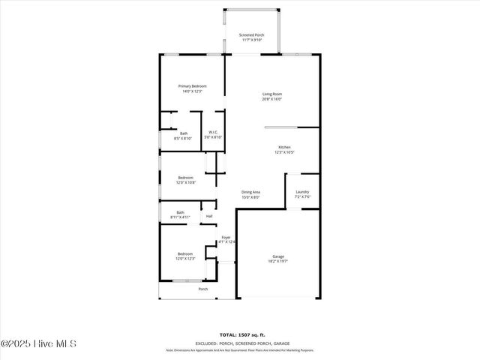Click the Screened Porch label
pos(251,35)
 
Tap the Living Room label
pos(271,94)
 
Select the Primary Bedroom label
pos(192,86)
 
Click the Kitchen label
pos(284,147)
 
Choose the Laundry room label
pos(302,192)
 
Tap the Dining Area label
pos(250,192)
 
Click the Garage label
pos(277,256)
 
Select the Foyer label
pos(226,237)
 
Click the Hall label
pos(209,217)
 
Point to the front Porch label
pos(202,289)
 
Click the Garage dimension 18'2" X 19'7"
pos(277,262)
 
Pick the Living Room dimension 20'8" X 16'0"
pos(271,99)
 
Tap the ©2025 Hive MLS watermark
pos(39,344)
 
